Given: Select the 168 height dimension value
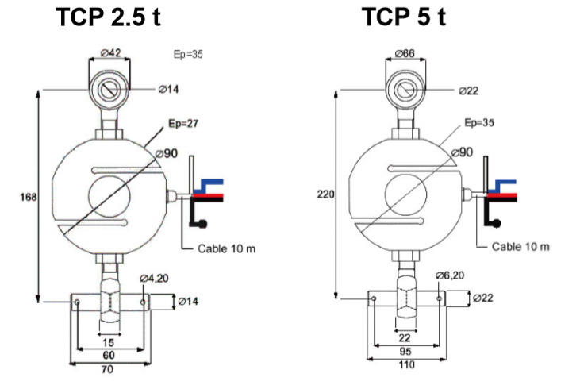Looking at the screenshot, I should pyautogui.click(x=26, y=197).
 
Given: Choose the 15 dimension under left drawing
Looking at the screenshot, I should pyautogui.click(x=109, y=341).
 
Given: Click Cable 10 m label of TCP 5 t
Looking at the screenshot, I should pyautogui.click(x=520, y=246).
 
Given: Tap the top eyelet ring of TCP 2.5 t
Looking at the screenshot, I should pyautogui.click(x=110, y=90).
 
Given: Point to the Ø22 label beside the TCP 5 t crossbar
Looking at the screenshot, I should pyautogui.click(x=483, y=298).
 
